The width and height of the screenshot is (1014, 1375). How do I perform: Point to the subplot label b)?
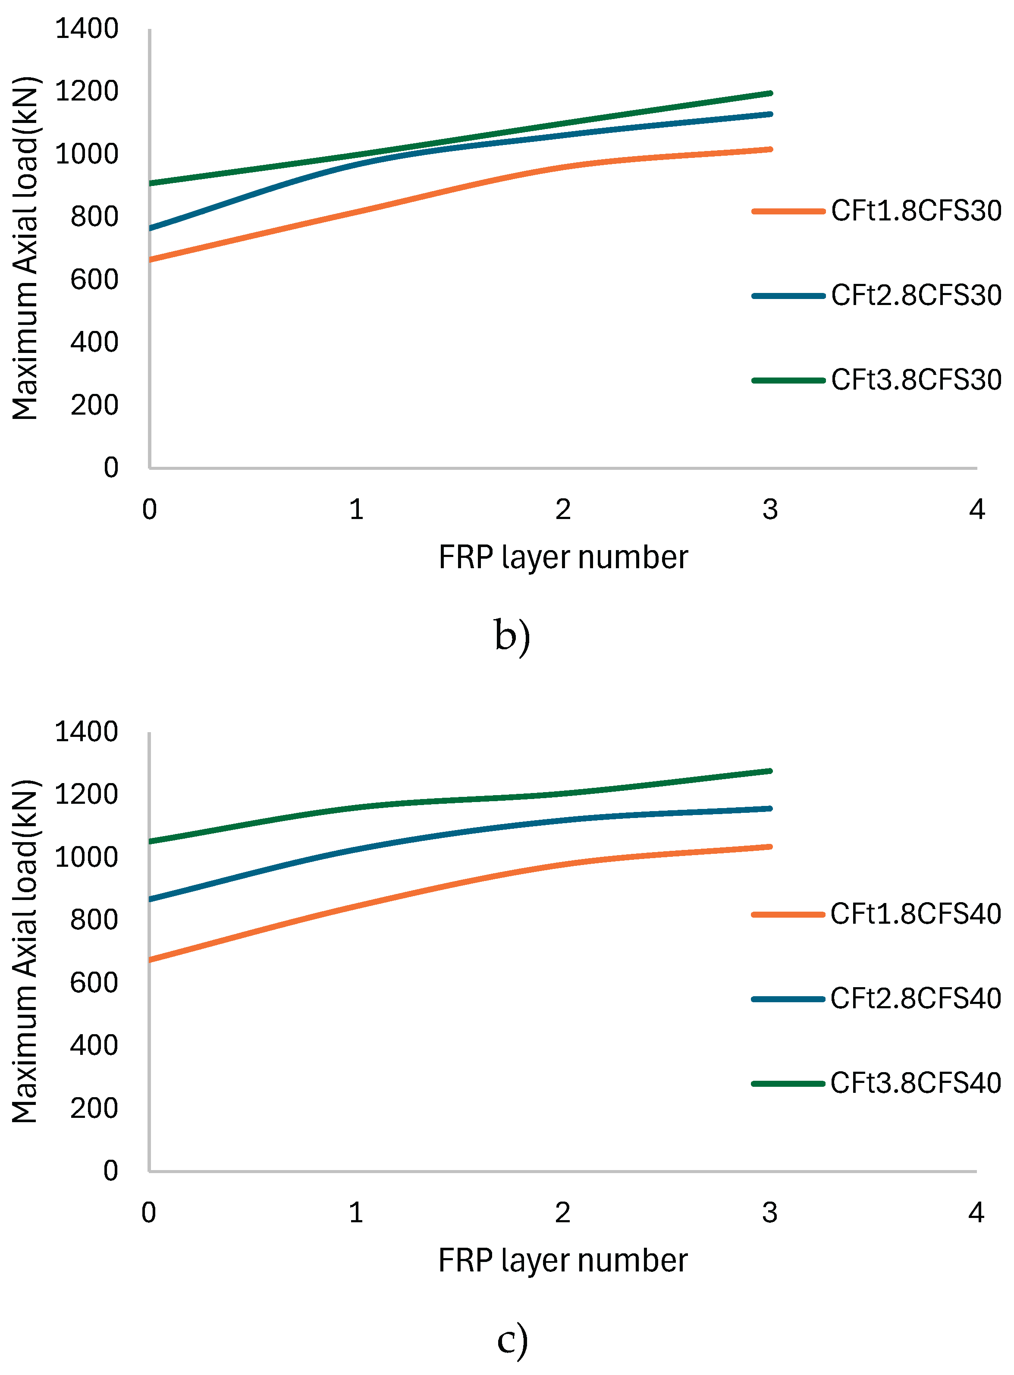(x=512, y=636)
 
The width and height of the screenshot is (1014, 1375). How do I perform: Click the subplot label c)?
(x=512, y=1339)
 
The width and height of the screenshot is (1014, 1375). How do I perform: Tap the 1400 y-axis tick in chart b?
(x=87, y=29)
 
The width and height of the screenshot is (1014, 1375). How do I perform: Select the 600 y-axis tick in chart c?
(x=94, y=983)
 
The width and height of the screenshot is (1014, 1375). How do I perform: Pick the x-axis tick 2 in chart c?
(x=563, y=1212)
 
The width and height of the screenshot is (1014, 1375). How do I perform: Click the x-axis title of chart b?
(x=563, y=557)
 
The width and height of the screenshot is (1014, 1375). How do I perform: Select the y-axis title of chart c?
(x=26, y=951)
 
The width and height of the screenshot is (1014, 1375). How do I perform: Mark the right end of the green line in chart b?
(x=770, y=93)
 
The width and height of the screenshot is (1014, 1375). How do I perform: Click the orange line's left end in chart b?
(x=151, y=260)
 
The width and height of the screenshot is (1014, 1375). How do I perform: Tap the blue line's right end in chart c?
(x=770, y=809)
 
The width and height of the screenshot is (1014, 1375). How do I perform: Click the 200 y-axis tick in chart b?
(x=94, y=405)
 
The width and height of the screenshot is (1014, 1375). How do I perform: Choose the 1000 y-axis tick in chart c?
(x=87, y=857)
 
